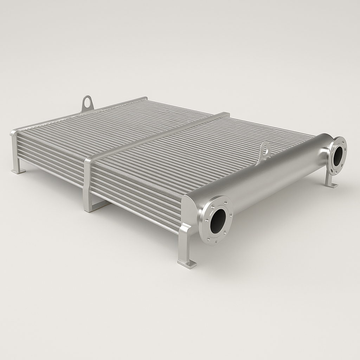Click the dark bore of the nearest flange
click(218, 221)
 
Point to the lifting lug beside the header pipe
click(265, 150)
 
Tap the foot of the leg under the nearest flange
click(187, 264)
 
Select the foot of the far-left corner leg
click(18, 171)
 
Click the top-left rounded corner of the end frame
click(13, 133)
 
